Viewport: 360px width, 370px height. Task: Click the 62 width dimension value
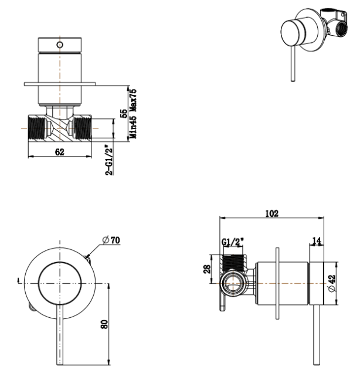(60, 151)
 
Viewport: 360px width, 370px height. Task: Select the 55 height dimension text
(124, 113)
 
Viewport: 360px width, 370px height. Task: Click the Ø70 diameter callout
(111, 240)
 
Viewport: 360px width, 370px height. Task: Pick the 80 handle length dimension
(104, 323)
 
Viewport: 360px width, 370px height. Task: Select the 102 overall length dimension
(271, 213)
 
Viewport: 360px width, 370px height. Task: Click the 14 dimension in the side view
(317, 240)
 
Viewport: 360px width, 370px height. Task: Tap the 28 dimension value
(206, 269)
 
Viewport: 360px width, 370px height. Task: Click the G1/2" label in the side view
(233, 242)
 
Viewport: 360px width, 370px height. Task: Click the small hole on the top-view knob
(59, 45)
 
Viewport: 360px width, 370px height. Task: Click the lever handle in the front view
(59, 334)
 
